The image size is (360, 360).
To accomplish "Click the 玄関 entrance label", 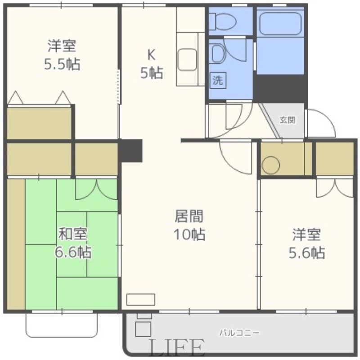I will click(x=288, y=120).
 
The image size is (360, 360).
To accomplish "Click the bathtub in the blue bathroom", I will click(x=280, y=24).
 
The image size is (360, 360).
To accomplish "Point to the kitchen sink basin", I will click(x=187, y=59).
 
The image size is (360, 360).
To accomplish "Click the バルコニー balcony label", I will click(x=239, y=333).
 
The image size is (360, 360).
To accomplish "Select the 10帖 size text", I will click(x=189, y=234).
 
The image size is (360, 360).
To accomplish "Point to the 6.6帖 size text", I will click(x=73, y=252).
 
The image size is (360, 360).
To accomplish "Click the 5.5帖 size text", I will click(x=62, y=64).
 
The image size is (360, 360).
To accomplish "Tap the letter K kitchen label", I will click(x=151, y=54).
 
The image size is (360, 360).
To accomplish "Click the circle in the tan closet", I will click(x=271, y=165).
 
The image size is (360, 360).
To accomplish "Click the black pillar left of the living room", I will click(x=131, y=150).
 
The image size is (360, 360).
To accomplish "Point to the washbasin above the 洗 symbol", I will click(x=219, y=53).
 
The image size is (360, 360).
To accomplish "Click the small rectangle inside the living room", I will click(x=141, y=299).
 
